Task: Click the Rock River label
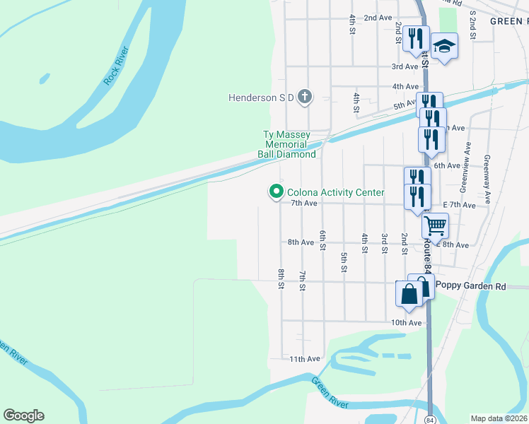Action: pyautogui.click(x=117, y=66)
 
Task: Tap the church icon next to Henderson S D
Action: pyautogui.click(x=305, y=97)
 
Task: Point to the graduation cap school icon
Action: pyautogui.click(x=444, y=47)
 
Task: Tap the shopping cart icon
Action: pyautogui.click(x=436, y=226)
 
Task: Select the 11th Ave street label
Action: pyautogui.click(x=305, y=359)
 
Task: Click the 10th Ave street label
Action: pyautogui.click(x=406, y=323)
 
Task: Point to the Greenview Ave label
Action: pyautogui.click(x=465, y=167)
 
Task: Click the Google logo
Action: pyautogui.click(x=23, y=416)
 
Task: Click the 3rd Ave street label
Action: pyautogui.click(x=405, y=66)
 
